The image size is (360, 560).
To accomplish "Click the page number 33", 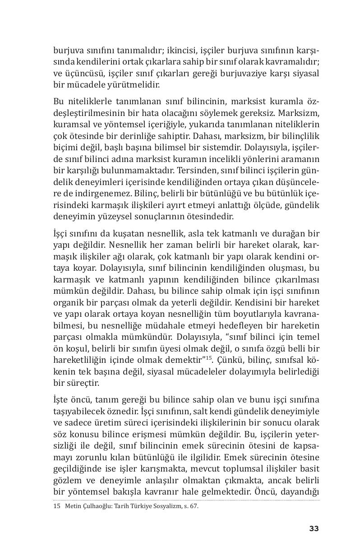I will click(314, 528).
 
